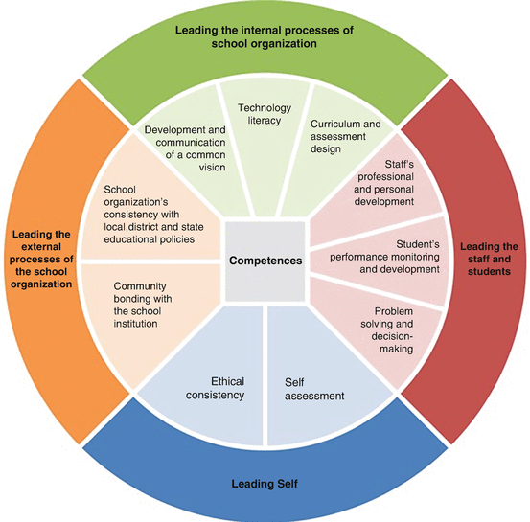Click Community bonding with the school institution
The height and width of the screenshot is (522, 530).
tap(145, 305)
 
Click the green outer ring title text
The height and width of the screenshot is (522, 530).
tap(264, 36)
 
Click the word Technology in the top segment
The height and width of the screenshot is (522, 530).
tap(264, 109)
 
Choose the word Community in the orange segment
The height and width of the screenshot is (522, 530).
tap(142, 286)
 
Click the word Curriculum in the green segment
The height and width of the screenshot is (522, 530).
tap(332, 124)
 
